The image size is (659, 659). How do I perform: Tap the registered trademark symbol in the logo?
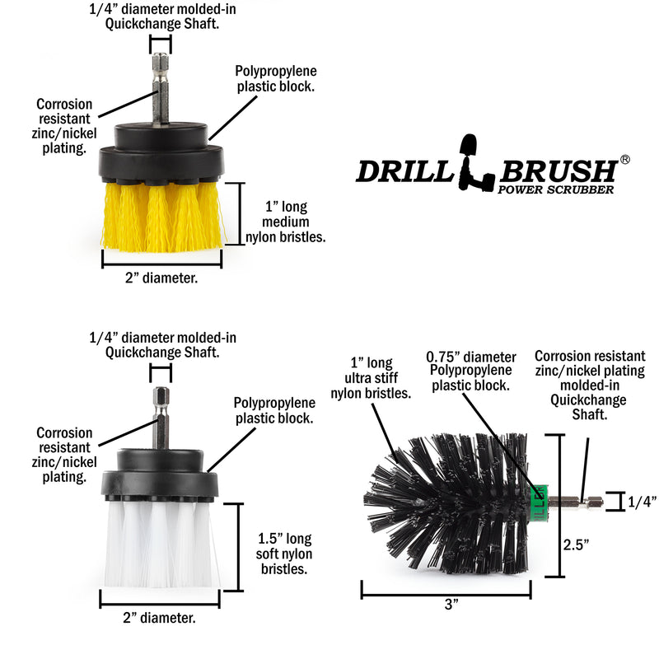coord(624,159)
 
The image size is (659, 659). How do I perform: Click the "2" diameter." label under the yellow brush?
coord(161,278)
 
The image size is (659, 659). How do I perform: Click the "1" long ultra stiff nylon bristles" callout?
coord(370,378)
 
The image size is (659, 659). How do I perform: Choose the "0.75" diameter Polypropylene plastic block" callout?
coord(470,371)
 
